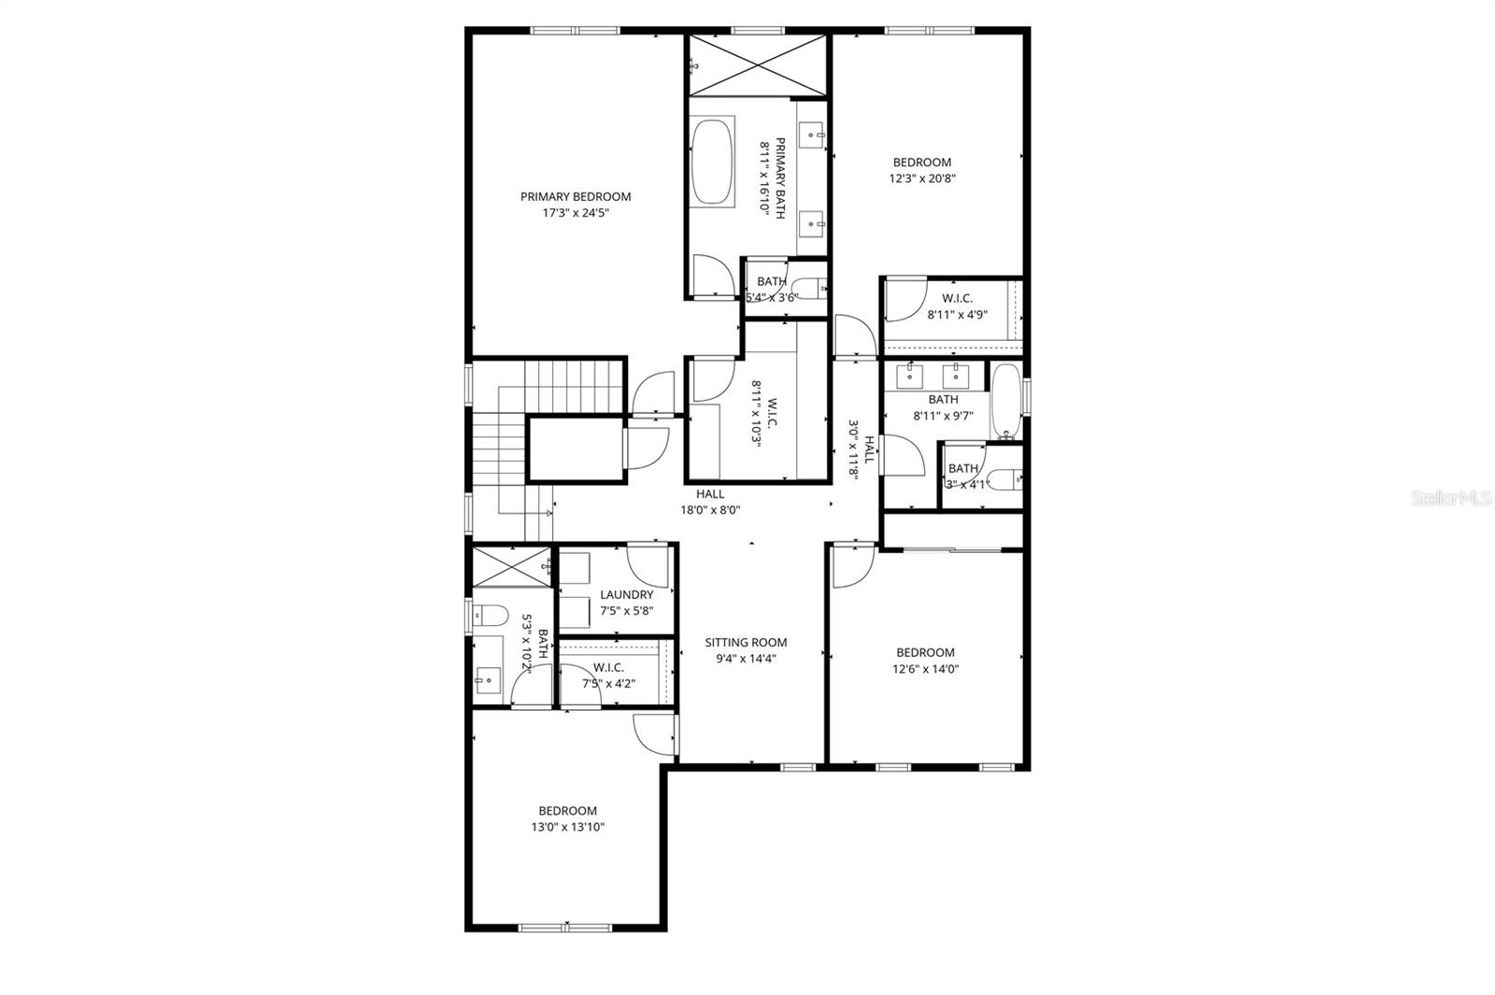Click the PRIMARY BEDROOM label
coord(575,196)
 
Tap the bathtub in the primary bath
coord(712,161)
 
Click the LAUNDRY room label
coord(626,594)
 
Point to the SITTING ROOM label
coord(745,642)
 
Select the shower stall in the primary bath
coord(757,64)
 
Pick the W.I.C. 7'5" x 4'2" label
coord(608,675)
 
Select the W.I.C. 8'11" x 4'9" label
coord(957,306)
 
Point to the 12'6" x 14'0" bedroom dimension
coord(925,669)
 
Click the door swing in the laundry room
coord(647,564)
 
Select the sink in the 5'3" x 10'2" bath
coord(486,680)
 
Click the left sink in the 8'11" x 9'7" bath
coord(910,377)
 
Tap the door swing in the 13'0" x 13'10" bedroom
coord(652,733)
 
